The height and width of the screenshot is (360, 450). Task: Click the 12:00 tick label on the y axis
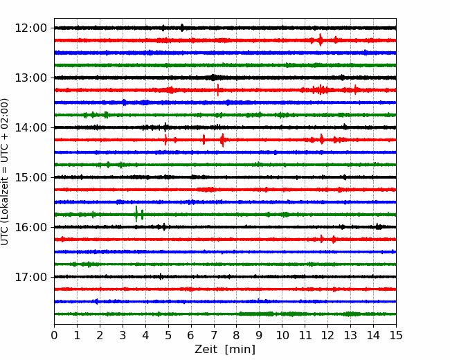[30, 28]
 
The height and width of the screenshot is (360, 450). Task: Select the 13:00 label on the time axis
[30, 78]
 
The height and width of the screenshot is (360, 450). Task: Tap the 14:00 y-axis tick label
[30, 127]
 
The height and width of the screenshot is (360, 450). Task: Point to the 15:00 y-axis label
[30, 177]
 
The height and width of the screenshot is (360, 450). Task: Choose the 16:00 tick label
[30, 227]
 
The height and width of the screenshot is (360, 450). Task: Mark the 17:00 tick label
[30, 277]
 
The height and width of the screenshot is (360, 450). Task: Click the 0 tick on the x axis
[54, 335]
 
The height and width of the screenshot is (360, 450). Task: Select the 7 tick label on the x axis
[214, 335]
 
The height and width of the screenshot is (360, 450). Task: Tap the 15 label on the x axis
[396, 335]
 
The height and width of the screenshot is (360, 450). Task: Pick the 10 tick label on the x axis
[282, 335]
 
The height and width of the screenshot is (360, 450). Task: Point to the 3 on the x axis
[123, 335]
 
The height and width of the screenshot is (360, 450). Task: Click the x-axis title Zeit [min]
[225, 350]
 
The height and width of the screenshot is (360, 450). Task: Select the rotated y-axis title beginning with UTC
[4, 172]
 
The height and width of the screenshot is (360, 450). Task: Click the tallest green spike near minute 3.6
[136, 214]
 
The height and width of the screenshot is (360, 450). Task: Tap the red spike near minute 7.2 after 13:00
[218, 90]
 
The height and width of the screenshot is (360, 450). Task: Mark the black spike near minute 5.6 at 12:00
[182, 28]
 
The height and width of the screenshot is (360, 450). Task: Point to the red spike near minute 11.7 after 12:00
[321, 40]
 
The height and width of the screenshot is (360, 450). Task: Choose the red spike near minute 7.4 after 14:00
[222, 140]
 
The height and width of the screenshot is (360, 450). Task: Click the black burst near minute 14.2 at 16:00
[379, 227]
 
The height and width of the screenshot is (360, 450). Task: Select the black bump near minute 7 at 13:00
[213, 78]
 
